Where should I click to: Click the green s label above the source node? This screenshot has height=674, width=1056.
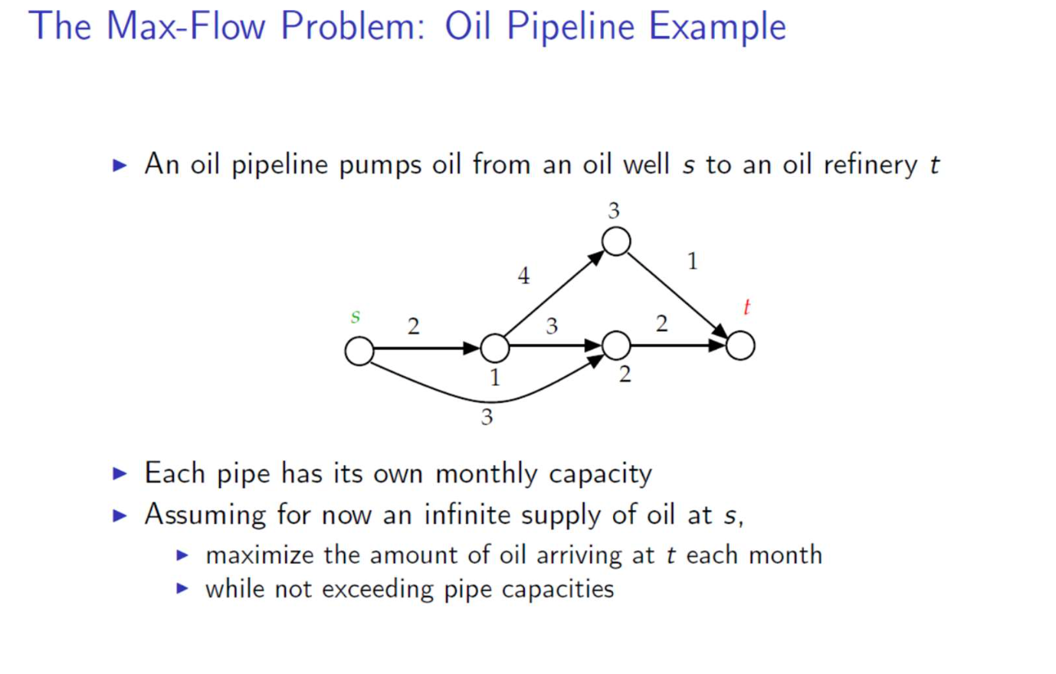point(356,316)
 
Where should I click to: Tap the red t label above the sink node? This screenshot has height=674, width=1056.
point(746,307)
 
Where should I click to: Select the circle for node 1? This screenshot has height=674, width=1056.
point(495,348)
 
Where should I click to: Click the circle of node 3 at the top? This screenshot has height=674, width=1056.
point(616,241)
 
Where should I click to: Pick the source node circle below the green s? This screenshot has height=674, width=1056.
point(359,351)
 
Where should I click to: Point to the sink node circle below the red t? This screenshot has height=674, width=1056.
point(740,345)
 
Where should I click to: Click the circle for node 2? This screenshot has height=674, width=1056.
point(616,345)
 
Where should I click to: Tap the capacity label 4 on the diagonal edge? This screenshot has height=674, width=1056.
point(523,276)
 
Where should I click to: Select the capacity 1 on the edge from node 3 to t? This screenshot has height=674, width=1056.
point(693,262)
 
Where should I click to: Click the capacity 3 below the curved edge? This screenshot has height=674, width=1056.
point(487,417)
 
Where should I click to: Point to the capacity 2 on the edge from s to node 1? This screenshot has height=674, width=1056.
point(414,327)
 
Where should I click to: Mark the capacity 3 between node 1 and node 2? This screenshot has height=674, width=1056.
point(552,327)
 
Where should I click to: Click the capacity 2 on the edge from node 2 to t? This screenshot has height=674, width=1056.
point(662,324)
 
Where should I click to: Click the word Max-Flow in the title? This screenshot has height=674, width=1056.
point(185,26)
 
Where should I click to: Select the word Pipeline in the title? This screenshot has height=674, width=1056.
point(570,28)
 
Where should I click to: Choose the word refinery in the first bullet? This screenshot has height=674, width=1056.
point(871,165)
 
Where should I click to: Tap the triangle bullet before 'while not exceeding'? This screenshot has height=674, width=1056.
point(182,588)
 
